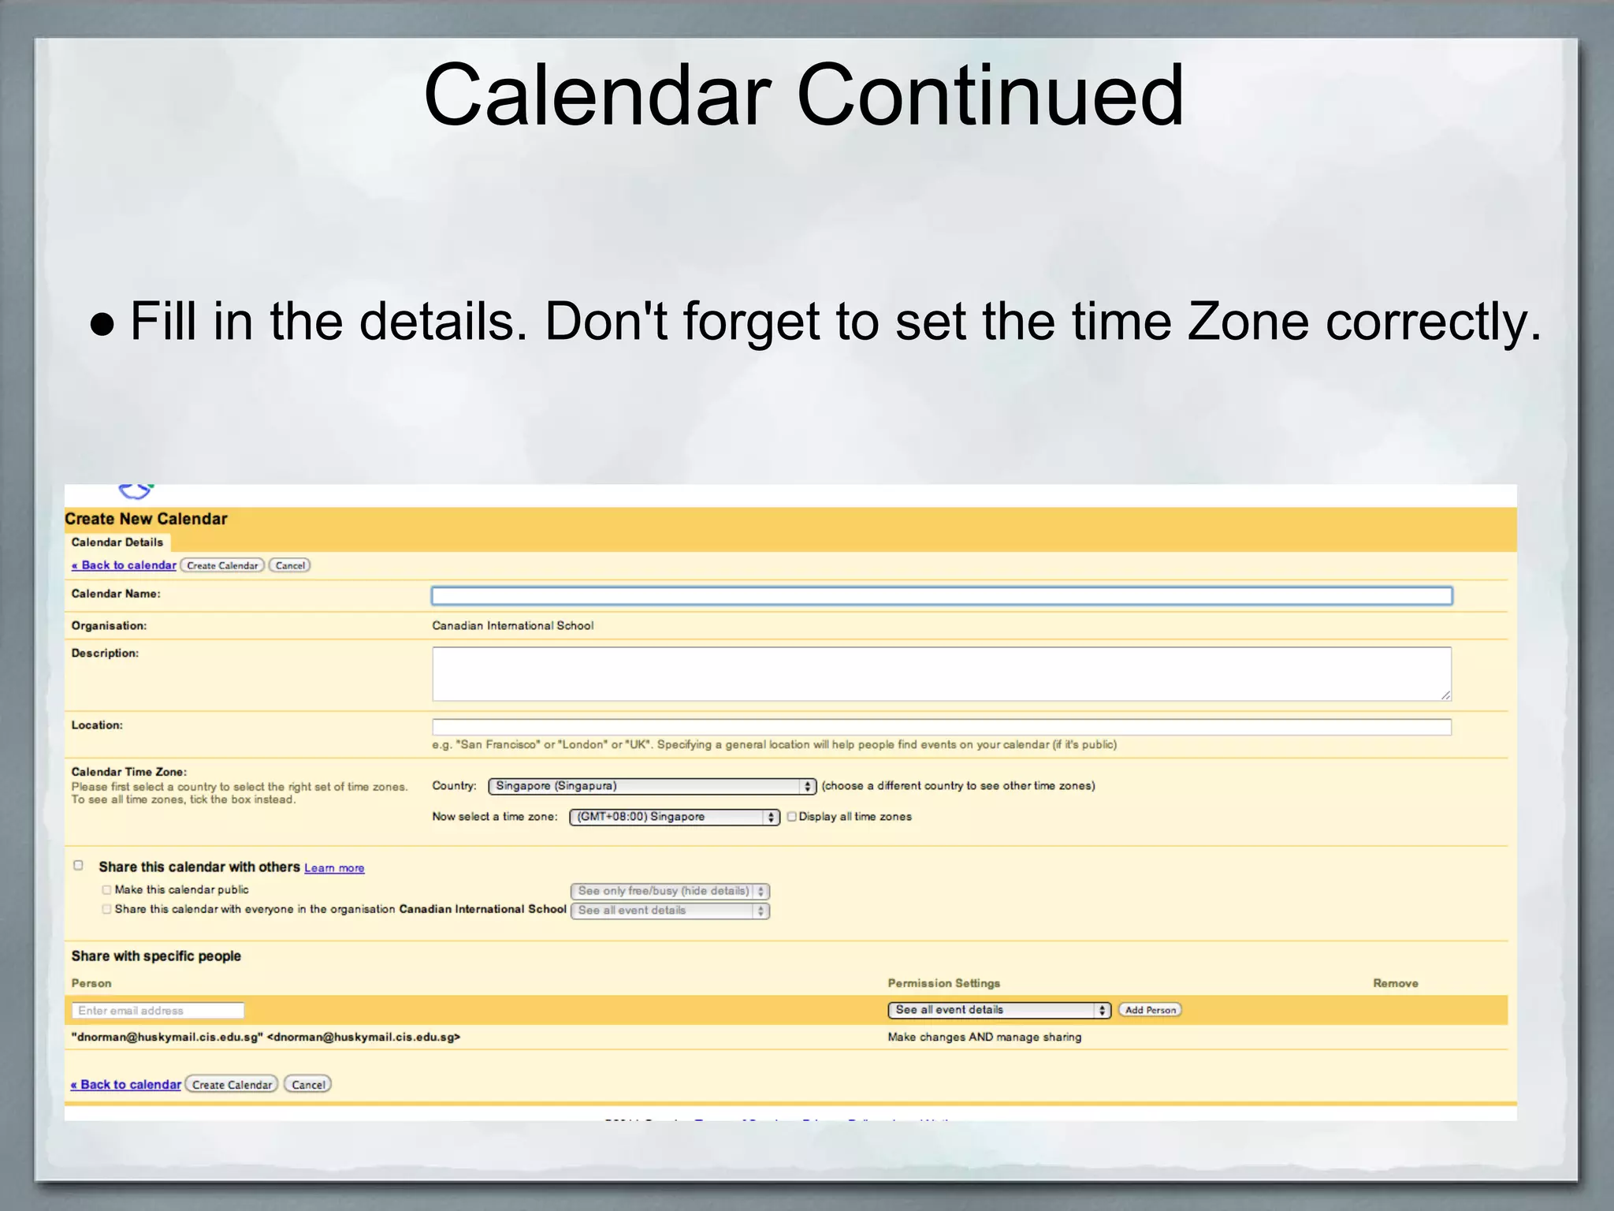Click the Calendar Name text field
click(941, 596)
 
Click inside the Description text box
click(941, 674)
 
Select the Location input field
click(941, 727)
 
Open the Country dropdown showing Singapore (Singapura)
click(652, 786)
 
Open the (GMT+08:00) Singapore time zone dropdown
click(675, 817)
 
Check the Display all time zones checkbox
click(792, 817)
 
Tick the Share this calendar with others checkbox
click(78, 866)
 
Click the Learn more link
click(334, 868)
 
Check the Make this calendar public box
click(106, 890)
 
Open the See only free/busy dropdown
click(670, 891)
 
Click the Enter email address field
click(158, 1011)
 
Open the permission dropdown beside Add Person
click(999, 1010)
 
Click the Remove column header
click(1395, 983)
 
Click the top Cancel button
click(290, 565)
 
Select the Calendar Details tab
click(117, 542)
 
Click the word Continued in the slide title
click(990, 95)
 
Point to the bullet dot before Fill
click(102, 323)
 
